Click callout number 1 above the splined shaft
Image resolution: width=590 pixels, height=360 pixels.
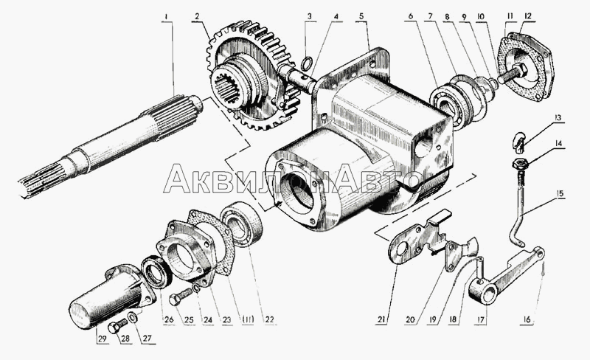point(166,16)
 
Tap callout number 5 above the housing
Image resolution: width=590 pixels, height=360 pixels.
point(361,16)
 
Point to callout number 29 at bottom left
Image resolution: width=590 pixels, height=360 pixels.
point(102,338)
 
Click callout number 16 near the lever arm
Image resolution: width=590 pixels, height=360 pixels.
point(527,319)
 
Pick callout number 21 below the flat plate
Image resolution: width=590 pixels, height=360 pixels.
point(381,319)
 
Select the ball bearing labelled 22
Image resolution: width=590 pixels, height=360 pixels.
point(242,224)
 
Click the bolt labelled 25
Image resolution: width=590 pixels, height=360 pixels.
point(180,297)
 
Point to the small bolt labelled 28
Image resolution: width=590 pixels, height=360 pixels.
point(117,326)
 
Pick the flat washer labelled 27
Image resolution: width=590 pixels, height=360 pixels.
point(133,317)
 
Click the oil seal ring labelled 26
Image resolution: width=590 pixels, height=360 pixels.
point(156,272)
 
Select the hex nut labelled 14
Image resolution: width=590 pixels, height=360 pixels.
point(520,164)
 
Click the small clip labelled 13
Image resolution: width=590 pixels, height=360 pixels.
point(518,142)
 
